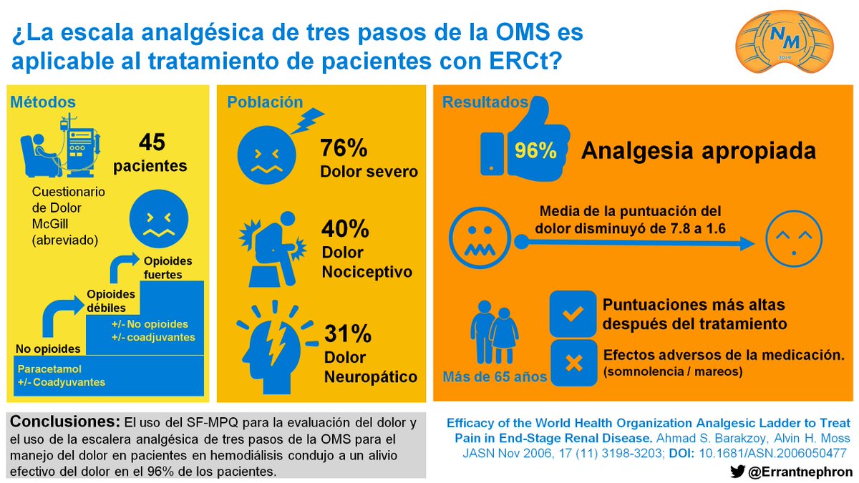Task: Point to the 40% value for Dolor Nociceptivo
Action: coord(345,229)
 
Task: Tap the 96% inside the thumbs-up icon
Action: coord(535,151)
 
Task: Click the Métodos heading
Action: coord(43,102)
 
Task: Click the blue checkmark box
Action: coord(573,313)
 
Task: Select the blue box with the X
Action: coord(573,362)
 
